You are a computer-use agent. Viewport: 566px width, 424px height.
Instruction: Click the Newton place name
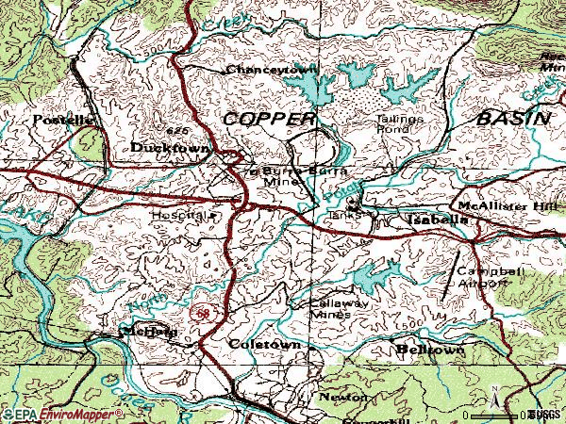(341, 399)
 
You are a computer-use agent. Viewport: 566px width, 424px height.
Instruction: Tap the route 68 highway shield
(199, 312)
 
